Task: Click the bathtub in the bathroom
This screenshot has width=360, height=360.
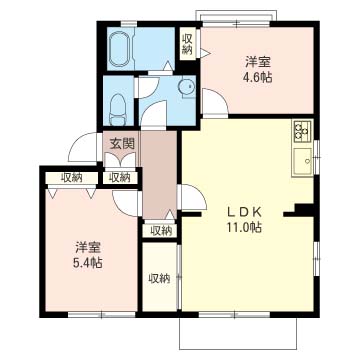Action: tap(120, 49)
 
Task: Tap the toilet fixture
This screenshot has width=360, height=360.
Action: tap(117, 109)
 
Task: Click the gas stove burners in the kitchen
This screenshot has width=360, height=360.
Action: tap(302, 132)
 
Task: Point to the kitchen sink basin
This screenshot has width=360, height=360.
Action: tap(303, 162)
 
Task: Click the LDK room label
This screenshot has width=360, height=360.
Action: tap(245, 211)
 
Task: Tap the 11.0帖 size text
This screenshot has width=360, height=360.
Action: tap(244, 227)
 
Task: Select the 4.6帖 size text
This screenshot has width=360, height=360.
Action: tap(256, 77)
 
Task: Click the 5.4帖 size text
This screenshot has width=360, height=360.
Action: tap(88, 263)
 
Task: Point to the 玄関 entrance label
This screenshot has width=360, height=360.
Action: tap(122, 144)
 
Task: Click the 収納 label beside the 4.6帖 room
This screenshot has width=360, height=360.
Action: tap(188, 44)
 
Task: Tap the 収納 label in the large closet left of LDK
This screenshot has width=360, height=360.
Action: tap(159, 278)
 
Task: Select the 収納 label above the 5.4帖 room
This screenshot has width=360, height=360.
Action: tap(71, 178)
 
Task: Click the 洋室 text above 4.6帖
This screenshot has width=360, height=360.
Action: tap(258, 62)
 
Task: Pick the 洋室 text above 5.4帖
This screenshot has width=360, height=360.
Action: tap(88, 248)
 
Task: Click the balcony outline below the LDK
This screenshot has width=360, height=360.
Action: tap(238, 349)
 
